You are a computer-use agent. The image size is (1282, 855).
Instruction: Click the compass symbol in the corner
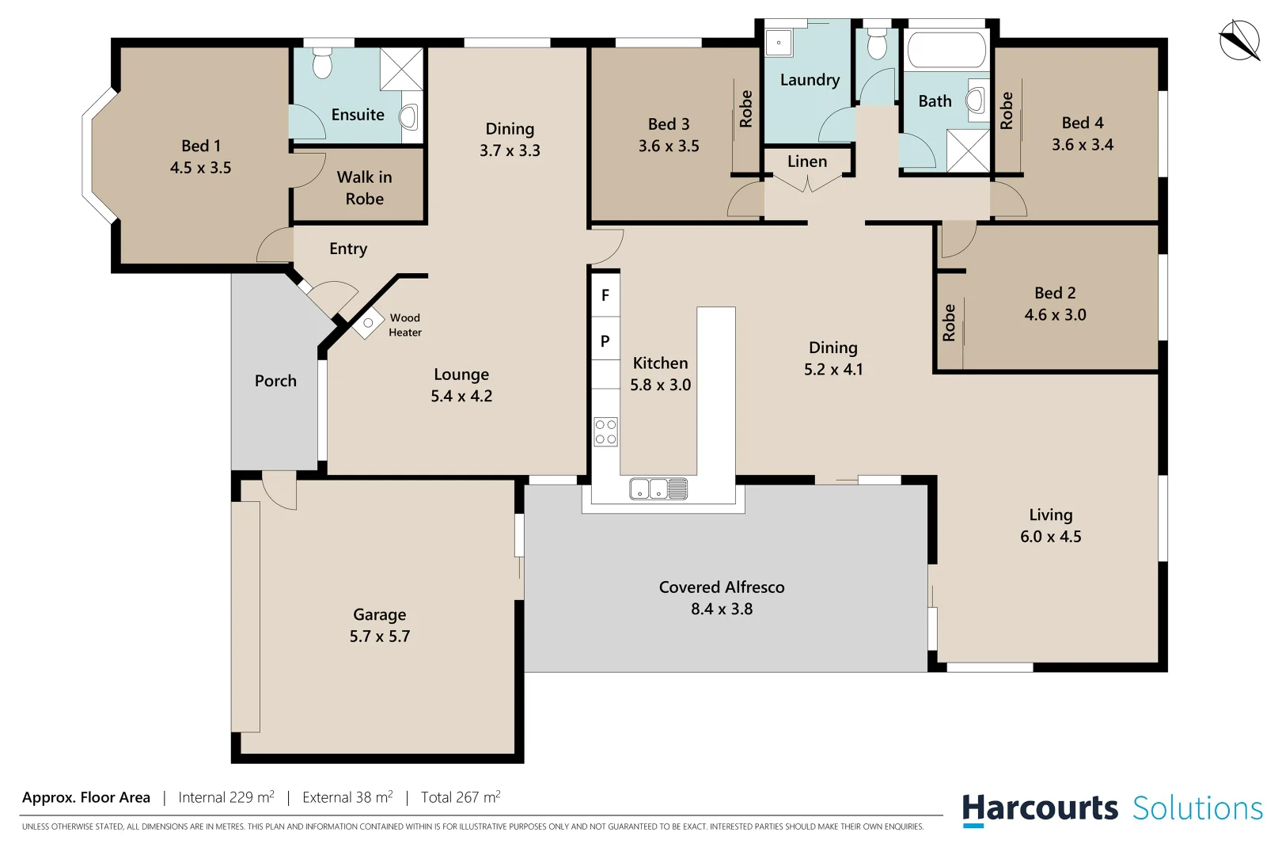pyautogui.click(x=1238, y=40)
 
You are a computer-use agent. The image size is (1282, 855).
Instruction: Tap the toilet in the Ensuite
pyautogui.click(x=322, y=63)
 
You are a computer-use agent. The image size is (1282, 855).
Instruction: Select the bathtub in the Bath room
pyautogui.click(x=946, y=50)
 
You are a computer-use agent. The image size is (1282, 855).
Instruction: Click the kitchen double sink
pyautogui.click(x=658, y=488)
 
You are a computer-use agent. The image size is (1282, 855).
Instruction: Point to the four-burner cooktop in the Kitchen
pyautogui.click(x=605, y=431)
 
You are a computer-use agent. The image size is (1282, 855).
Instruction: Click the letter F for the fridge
pyautogui.click(x=605, y=295)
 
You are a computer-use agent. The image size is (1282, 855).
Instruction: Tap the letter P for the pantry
pyautogui.click(x=605, y=341)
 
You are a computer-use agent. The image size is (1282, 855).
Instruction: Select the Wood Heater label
pyautogui.click(x=405, y=325)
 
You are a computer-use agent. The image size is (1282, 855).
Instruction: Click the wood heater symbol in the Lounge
pyautogui.click(x=368, y=323)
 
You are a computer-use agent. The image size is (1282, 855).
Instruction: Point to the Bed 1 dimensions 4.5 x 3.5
pyautogui.click(x=201, y=168)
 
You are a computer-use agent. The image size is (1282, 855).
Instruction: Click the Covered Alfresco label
pyautogui.click(x=722, y=587)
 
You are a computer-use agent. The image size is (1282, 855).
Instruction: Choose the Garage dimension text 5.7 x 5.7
pyautogui.click(x=380, y=636)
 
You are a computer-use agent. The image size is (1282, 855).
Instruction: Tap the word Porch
pyautogui.click(x=275, y=381)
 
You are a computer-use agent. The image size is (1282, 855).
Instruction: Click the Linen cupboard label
pyautogui.click(x=807, y=161)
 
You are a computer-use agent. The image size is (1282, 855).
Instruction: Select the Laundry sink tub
pyautogui.click(x=779, y=43)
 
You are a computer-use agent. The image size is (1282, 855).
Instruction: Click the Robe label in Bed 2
pyautogui.click(x=949, y=323)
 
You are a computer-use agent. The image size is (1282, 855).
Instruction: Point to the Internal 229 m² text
pyautogui.click(x=226, y=797)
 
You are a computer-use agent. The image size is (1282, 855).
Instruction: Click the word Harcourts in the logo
pyautogui.click(x=1040, y=808)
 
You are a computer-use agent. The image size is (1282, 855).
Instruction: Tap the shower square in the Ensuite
pyautogui.click(x=401, y=69)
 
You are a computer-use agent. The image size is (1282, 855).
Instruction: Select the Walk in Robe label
pyautogui.click(x=364, y=188)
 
